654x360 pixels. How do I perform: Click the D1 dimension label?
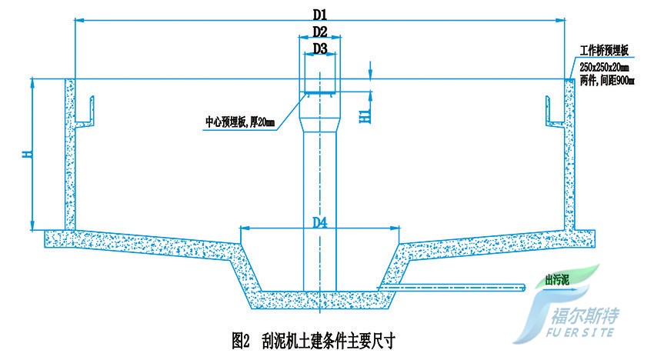(x=320, y=15)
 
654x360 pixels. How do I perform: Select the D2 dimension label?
(x=320, y=32)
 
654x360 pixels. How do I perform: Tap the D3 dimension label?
(x=320, y=48)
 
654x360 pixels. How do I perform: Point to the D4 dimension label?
(x=320, y=222)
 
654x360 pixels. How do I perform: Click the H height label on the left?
(x=27, y=154)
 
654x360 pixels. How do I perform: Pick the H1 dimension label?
(x=365, y=116)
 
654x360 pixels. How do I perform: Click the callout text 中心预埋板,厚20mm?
(x=240, y=122)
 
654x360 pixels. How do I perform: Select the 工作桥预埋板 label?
(x=604, y=51)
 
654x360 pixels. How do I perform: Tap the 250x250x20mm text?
(x=604, y=67)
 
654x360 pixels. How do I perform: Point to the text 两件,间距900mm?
(x=607, y=81)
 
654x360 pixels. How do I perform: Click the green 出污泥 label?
(x=557, y=279)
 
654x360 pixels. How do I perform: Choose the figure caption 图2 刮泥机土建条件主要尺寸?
(x=313, y=341)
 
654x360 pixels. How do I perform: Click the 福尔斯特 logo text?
(x=586, y=316)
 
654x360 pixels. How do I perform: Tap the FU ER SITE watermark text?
(x=580, y=332)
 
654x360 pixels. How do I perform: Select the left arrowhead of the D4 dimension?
(x=245, y=228)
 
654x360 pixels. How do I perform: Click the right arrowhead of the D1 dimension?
(x=561, y=19)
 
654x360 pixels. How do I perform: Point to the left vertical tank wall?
(x=70, y=154)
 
